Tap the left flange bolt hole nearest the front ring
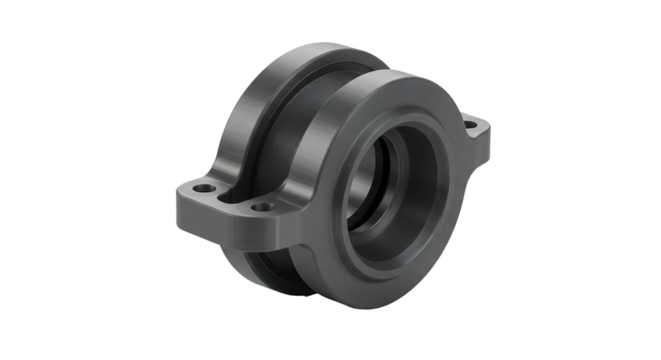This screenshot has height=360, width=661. (262, 208)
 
